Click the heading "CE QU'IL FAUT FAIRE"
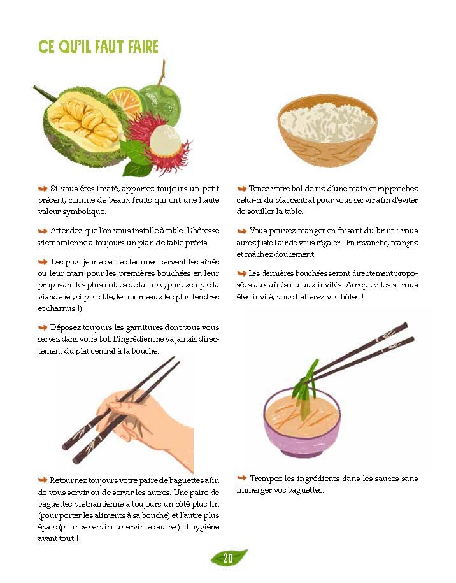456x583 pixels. point(99,47)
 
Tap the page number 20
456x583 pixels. point(228,558)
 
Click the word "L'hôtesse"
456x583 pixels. point(203,231)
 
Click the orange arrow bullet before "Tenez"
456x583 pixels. point(242,189)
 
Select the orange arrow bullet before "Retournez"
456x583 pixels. point(43,480)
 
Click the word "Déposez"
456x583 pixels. point(66,327)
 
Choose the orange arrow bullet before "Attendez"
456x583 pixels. point(43,231)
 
